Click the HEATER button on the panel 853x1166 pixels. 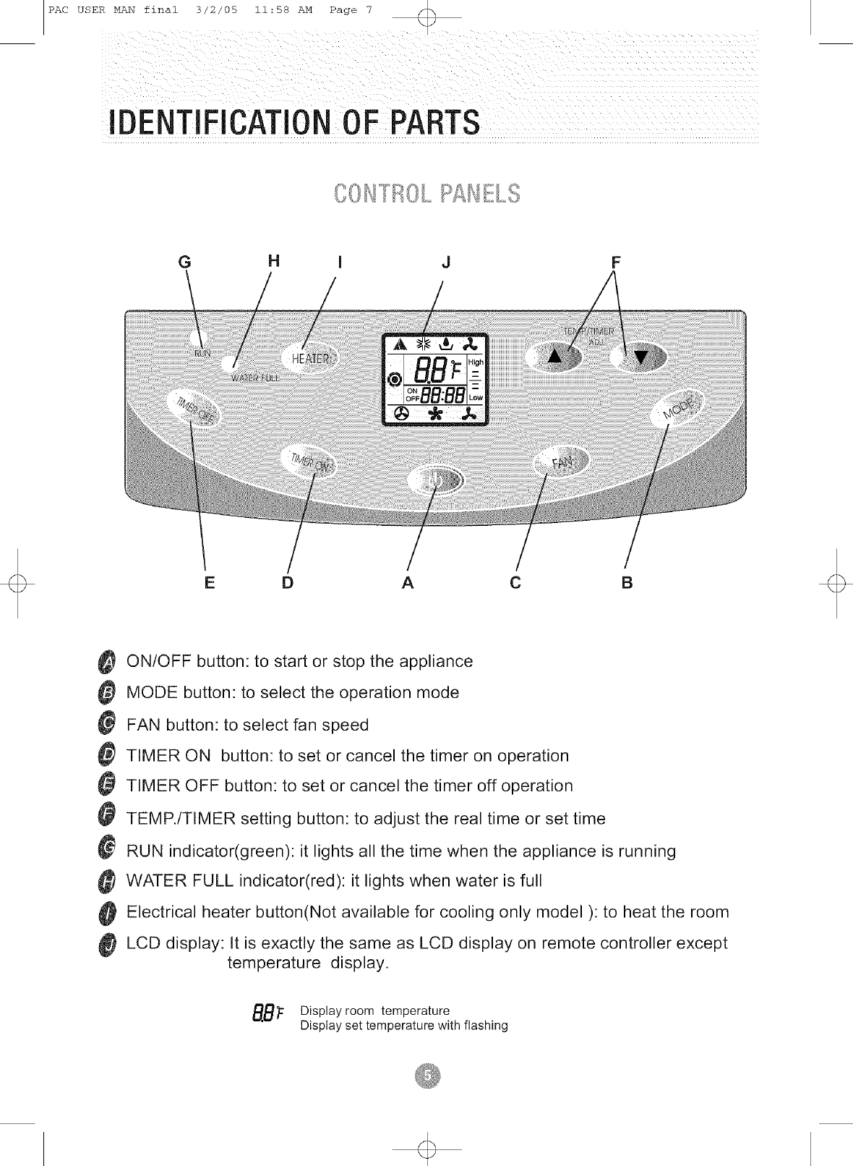309,359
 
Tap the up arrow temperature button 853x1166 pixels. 554,356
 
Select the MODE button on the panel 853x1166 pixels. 680,409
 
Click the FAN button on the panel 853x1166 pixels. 562,463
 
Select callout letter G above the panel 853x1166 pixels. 185,262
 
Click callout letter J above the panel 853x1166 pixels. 446,262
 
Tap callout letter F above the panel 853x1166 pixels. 615,262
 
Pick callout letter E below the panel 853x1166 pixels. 210,582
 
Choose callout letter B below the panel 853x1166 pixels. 627,582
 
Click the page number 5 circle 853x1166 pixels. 427,1076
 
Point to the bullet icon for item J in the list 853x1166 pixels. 107,944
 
